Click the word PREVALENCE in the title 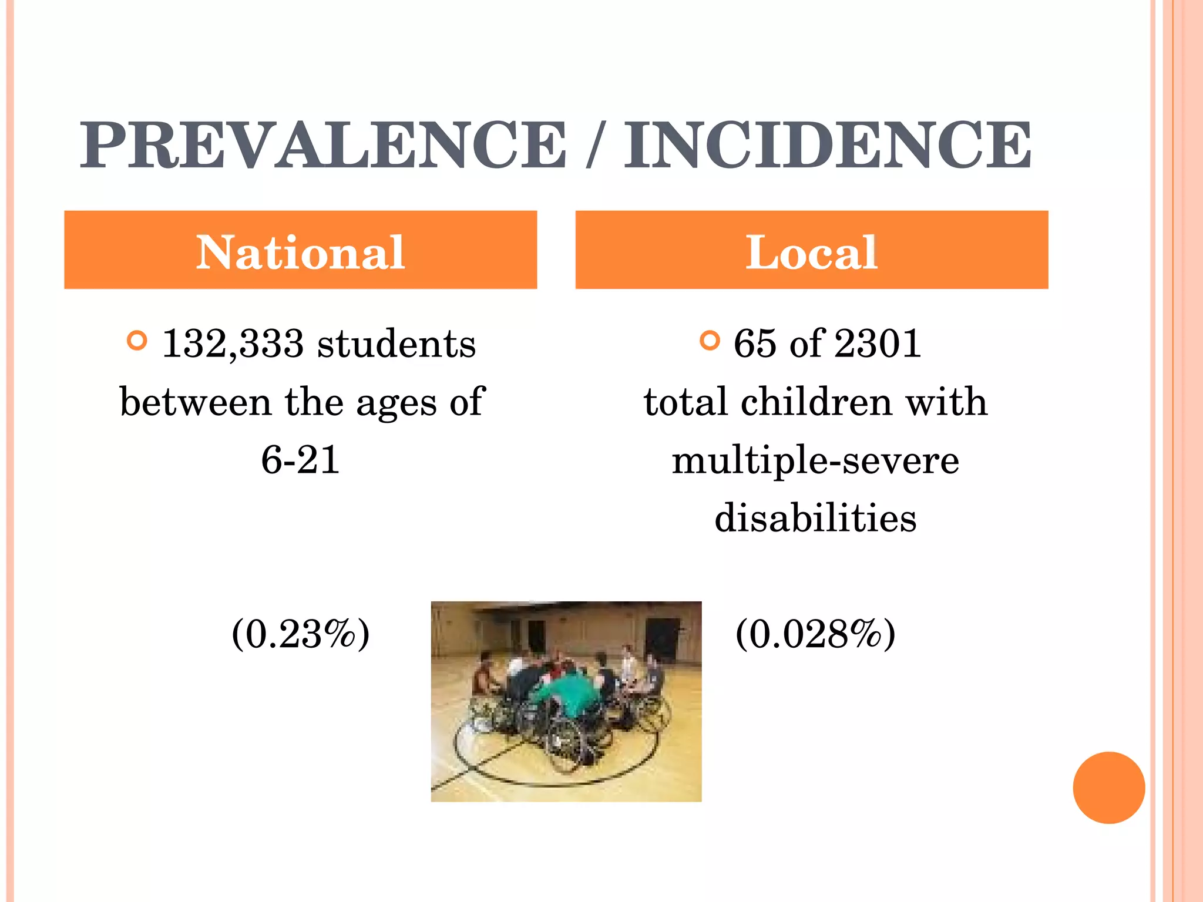[323, 146]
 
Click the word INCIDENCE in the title [827, 146]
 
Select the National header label [300, 252]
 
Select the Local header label [811, 252]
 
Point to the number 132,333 [233, 344]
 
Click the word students [396, 344]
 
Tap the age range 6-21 [300, 460]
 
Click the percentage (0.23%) [300, 634]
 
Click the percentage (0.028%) [815, 634]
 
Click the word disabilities [815, 519]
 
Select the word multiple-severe [815, 461]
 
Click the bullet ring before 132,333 [137, 341]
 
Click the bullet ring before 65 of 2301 [710, 340]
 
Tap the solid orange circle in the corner [1108, 787]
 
